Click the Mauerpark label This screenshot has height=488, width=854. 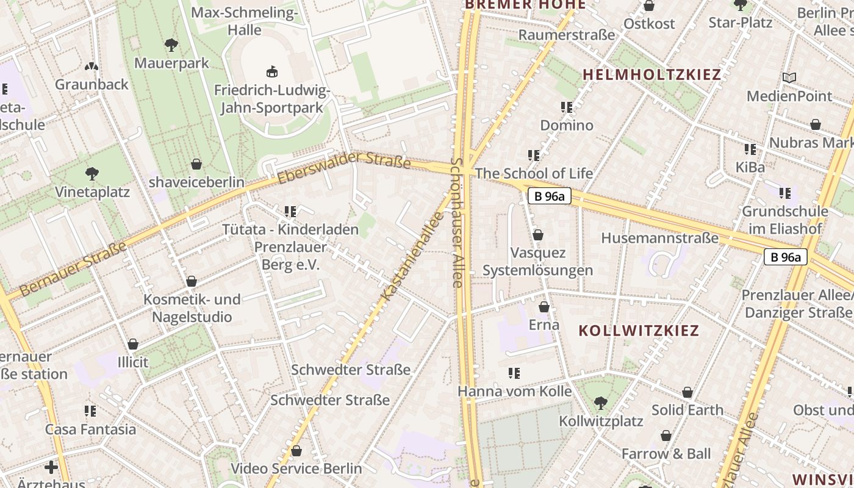[171, 63]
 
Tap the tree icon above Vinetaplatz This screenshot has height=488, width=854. [92, 174]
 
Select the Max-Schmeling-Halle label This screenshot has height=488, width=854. [244, 21]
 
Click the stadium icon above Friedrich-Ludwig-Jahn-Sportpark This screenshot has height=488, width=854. [272, 72]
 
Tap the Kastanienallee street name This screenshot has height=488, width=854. [412, 256]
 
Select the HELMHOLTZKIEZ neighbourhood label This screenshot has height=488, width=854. [651, 74]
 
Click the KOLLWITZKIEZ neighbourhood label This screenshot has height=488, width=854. [639, 331]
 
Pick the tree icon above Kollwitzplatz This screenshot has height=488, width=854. [601, 403]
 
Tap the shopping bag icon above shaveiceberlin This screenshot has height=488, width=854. [196, 164]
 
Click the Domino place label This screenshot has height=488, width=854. [567, 125]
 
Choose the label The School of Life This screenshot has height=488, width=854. [534, 173]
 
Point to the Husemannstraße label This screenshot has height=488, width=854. [659, 238]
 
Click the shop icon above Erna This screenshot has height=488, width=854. [544, 307]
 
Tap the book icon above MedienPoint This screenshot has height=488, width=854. [789, 77]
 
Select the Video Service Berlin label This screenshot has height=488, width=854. [296, 468]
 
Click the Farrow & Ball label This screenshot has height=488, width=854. [666, 454]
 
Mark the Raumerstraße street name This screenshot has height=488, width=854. [567, 35]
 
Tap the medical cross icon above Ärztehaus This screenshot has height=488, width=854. [51, 468]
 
